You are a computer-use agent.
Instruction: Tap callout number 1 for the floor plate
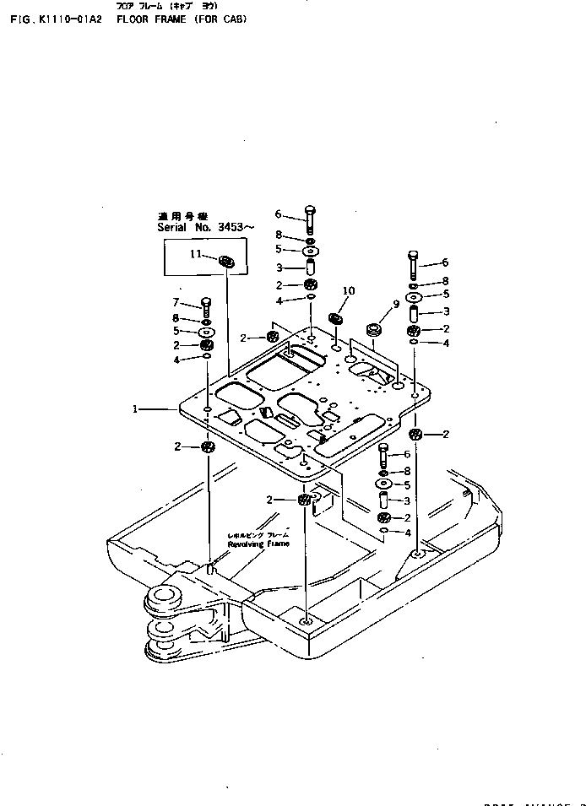134,408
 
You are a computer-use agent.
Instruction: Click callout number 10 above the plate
349,291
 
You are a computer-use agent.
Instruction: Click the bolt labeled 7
206,306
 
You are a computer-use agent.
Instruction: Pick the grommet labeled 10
335,319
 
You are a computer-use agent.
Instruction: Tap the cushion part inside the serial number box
226,262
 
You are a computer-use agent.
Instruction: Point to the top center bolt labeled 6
310,219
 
